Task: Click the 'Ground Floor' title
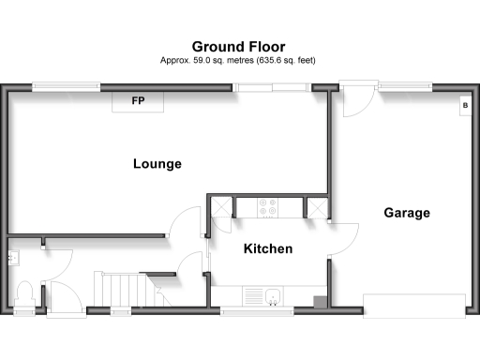(x=239, y=46)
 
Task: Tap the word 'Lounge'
(x=157, y=164)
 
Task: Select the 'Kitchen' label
(x=268, y=248)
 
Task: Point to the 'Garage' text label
(x=407, y=213)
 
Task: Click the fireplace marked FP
(x=138, y=101)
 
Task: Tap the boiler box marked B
(x=463, y=106)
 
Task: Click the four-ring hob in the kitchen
(x=268, y=208)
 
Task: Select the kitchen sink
(x=268, y=295)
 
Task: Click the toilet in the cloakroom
(x=24, y=293)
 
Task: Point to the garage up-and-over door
(x=413, y=305)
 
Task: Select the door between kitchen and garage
(x=342, y=239)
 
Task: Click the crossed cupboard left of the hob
(x=222, y=207)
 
